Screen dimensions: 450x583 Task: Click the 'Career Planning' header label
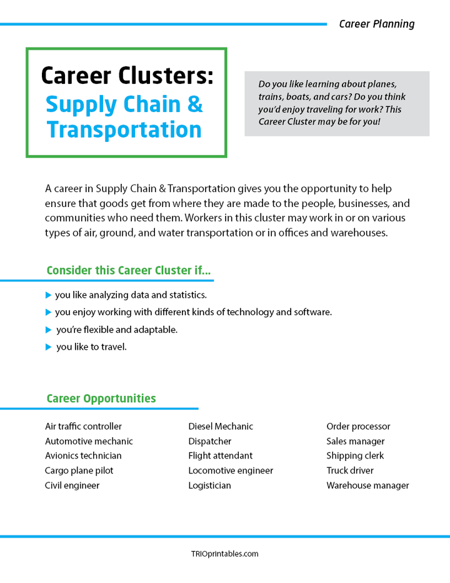(376, 24)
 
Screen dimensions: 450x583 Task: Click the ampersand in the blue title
(195, 104)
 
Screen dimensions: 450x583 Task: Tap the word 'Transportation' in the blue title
(124, 129)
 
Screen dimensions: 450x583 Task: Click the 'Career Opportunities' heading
(101, 398)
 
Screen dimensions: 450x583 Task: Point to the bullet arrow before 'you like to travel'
(49, 347)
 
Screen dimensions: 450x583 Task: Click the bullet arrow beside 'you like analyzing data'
(49, 295)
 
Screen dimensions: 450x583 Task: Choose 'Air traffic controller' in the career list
(83, 427)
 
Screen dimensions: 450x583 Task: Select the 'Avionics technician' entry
(83, 456)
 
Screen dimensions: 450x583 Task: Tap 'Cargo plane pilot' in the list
(79, 470)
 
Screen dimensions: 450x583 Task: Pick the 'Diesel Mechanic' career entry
(221, 427)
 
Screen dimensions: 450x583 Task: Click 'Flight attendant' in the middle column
(220, 456)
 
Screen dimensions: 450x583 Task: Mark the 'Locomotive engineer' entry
(231, 470)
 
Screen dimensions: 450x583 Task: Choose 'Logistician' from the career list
(209, 485)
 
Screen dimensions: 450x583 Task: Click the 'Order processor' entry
(358, 427)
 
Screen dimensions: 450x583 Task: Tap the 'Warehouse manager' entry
(367, 485)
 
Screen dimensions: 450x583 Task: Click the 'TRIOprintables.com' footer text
(224, 554)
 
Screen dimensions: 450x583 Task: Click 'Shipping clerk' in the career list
(355, 456)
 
